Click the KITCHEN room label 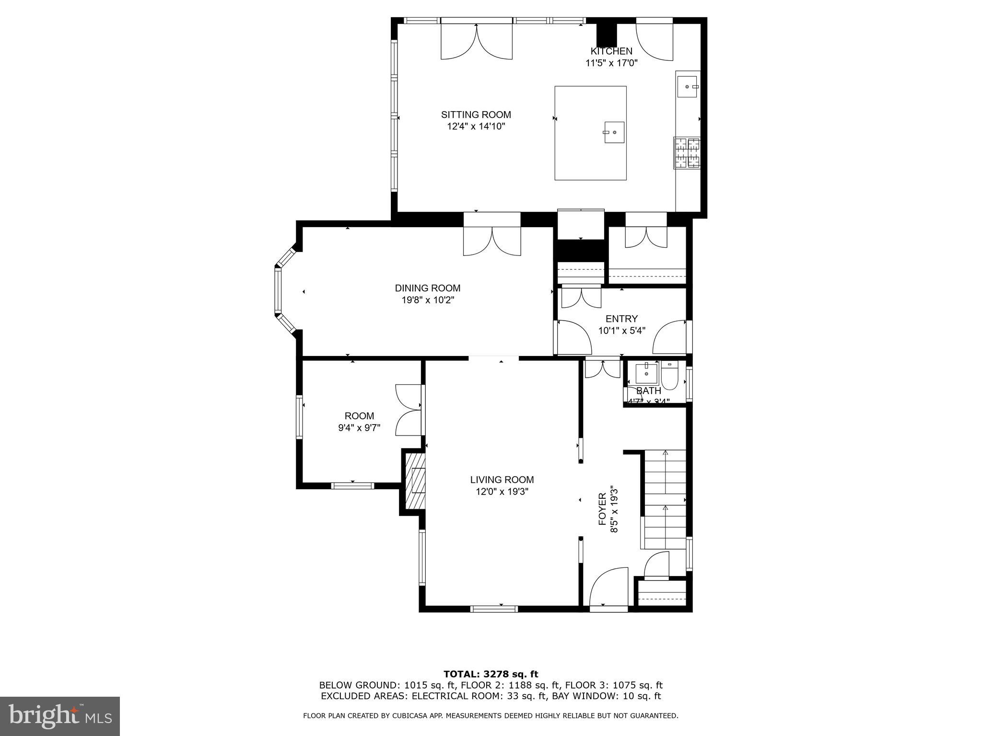pyautogui.click(x=611, y=51)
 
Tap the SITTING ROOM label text pyautogui.click(x=476, y=115)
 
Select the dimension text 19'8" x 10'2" pyautogui.click(x=427, y=300)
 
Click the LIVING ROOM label pyautogui.click(x=502, y=480)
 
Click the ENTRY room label pyautogui.click(x=621, y=319)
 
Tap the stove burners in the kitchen pyautogui.click(x=687, y=153)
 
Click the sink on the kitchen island pyautogui.click(x=614, y=132)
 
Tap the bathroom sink pyautogui.click(x=646, y=373)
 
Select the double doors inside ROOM pyautogui.click(x=409, y=410)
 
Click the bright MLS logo pyautogui.click(x=59, y=716)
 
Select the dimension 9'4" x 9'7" pyautogui.click(x=359, y=428)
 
